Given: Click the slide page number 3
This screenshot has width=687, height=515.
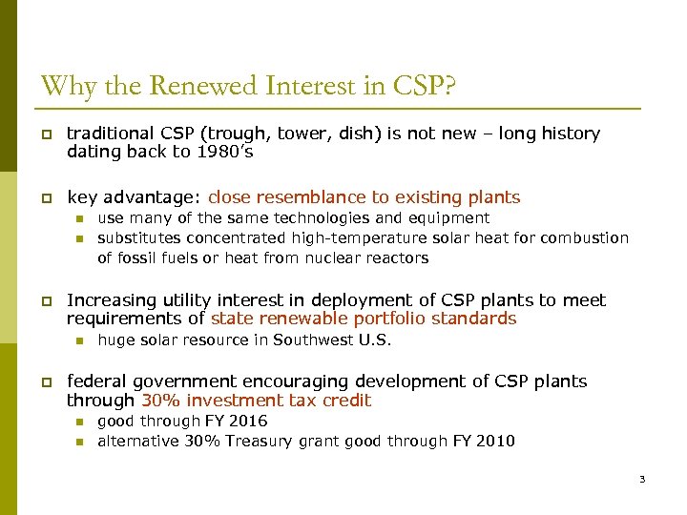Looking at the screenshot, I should click(642, 479).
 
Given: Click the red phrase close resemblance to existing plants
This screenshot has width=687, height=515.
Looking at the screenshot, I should click(364, 197).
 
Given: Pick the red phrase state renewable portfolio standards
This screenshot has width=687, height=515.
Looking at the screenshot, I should click(364, 319).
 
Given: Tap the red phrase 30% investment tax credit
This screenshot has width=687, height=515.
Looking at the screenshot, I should click(256, 401).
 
